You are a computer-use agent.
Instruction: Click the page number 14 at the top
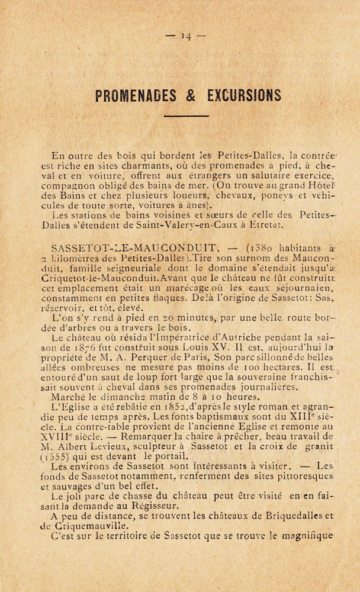(186, 36)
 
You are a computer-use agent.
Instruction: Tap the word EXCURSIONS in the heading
(243, 95)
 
